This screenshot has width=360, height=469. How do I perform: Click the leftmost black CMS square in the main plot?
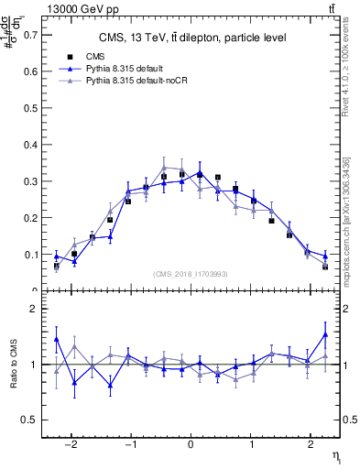[x=57, y=266]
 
